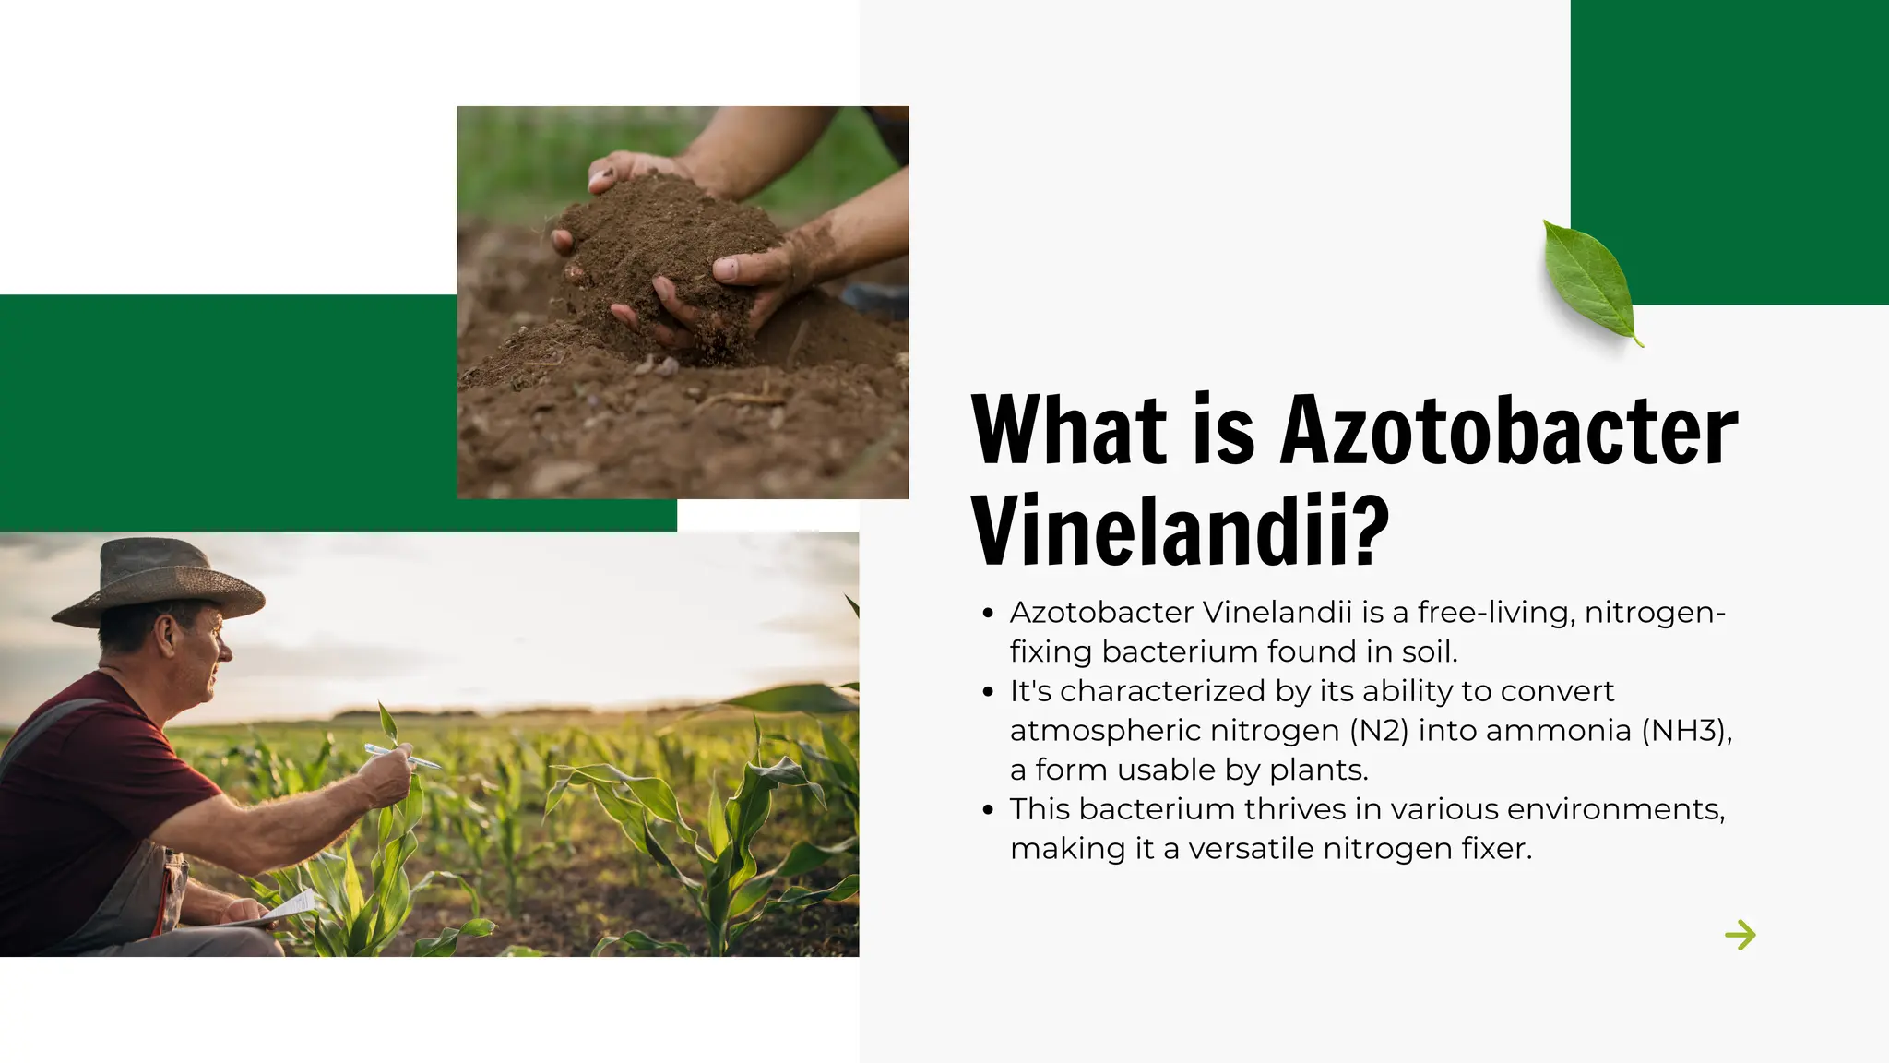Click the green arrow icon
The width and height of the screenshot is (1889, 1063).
pos(1740,935)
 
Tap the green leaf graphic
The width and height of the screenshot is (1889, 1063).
pos(1590,280)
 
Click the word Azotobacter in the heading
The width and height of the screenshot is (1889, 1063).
pos(1508,430)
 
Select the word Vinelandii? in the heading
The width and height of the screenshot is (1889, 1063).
pos(1180,531)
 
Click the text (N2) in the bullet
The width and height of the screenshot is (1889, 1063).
pos(1379,731)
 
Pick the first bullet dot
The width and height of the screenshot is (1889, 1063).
pos(989,613)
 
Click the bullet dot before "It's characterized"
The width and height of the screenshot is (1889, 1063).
pos(989,691)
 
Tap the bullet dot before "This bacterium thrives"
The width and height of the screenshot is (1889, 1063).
pos(989,810)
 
